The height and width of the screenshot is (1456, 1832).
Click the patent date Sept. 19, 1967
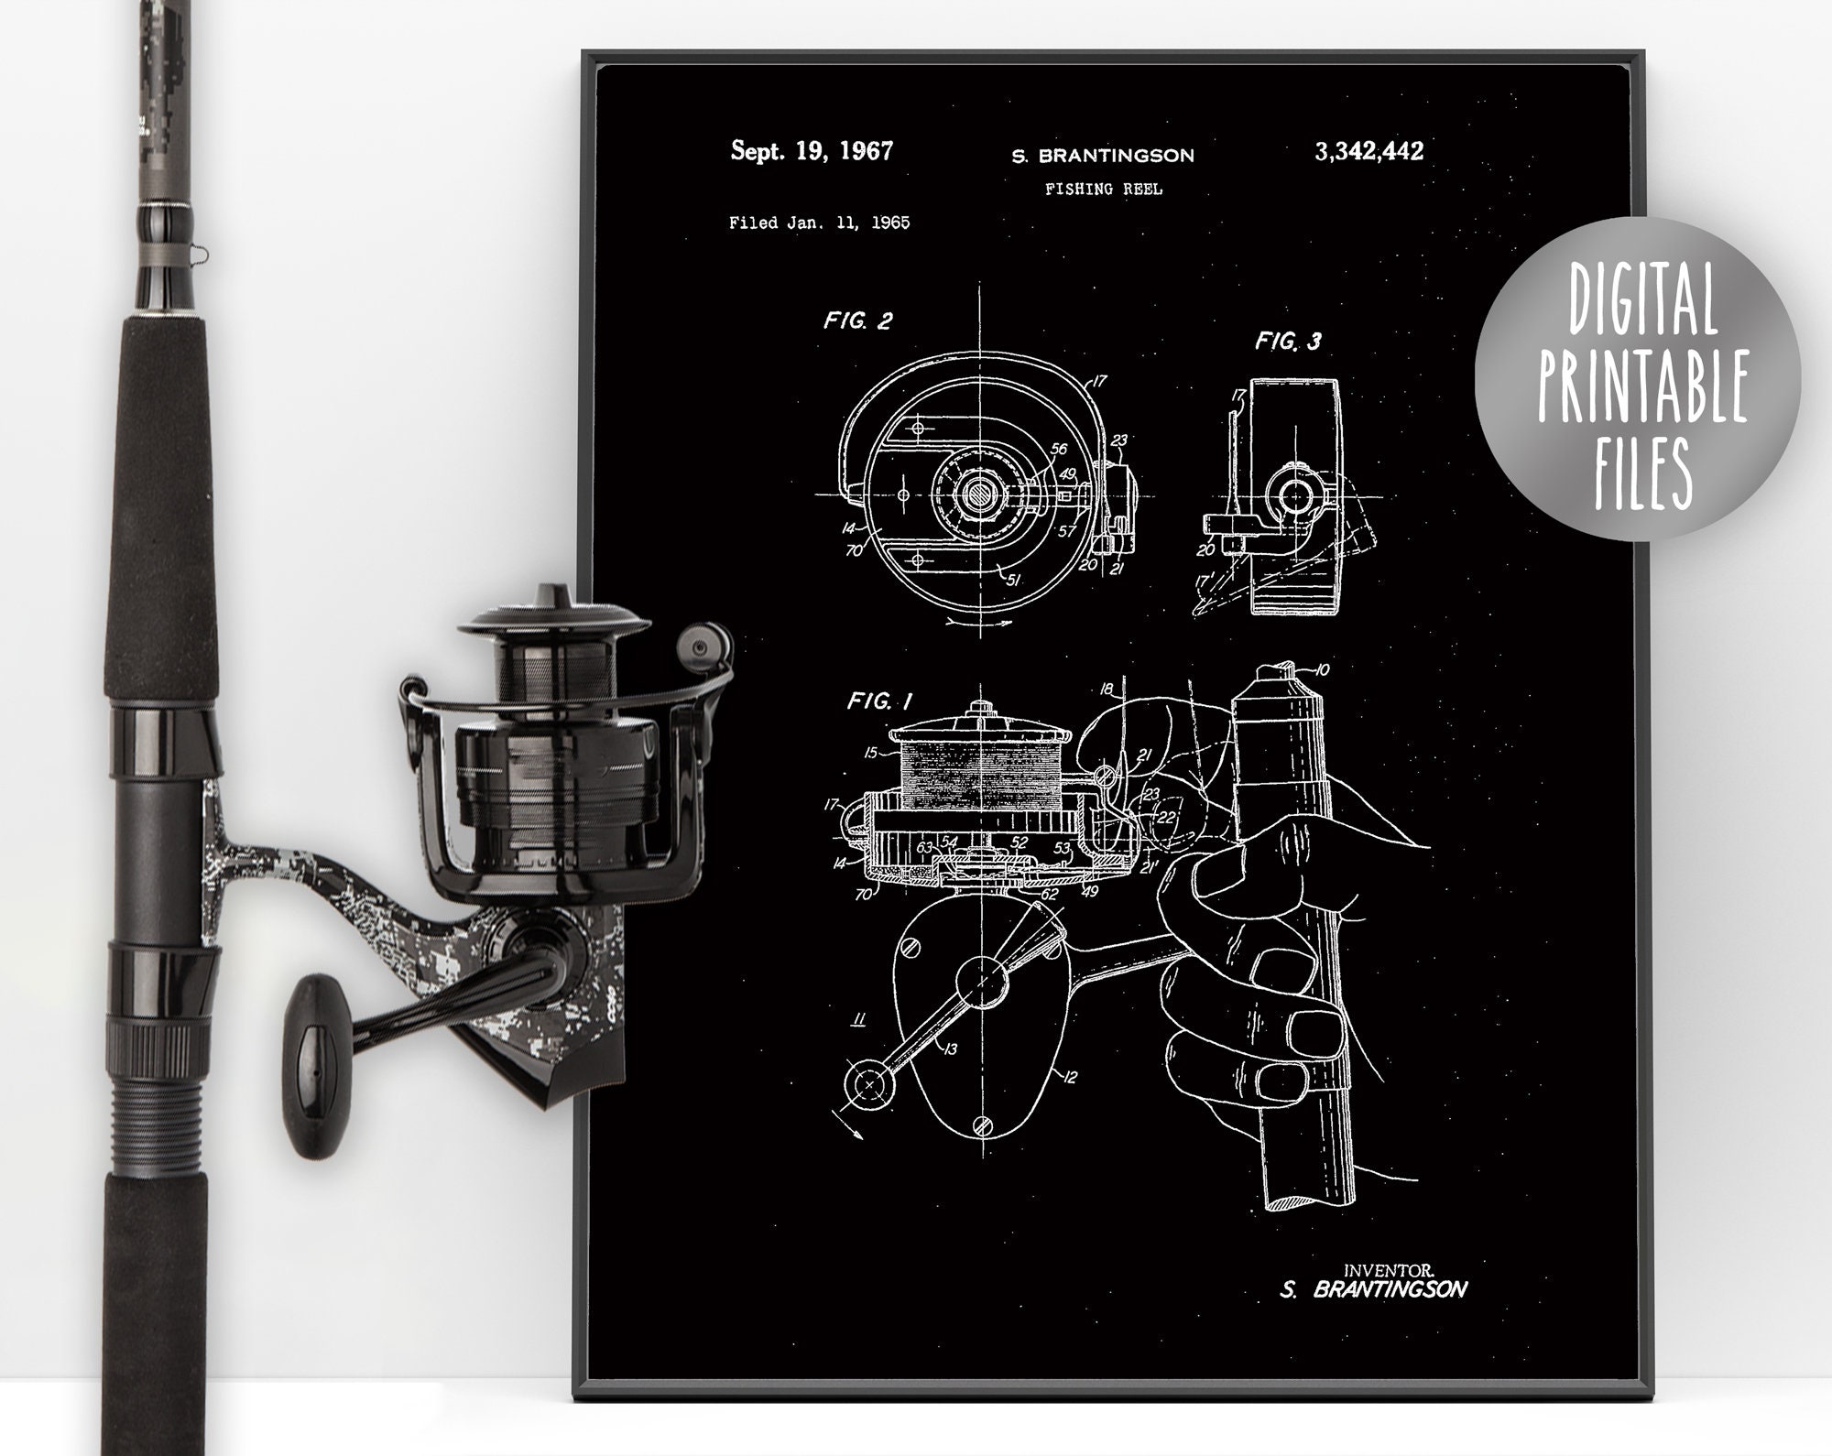tap(811, 151)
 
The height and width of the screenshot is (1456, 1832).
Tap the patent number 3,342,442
tap(1369, 151)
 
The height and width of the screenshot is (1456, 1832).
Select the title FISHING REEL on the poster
tap(1103, 189)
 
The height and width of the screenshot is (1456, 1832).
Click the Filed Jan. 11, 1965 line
tap(819, 223)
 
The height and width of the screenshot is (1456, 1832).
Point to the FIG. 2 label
tap(857, 321)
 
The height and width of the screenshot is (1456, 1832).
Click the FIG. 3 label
tap(1288, 342)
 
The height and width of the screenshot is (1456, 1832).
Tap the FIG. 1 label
tap(878, 701)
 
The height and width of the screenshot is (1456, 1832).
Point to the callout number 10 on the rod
tap(1321, 670)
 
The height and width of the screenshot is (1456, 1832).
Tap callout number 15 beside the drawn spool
tap(870, 753)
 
